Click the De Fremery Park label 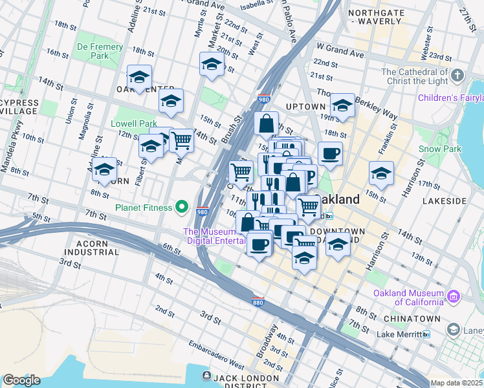[100, 52]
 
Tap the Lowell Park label [134, 124]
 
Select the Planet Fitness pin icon [183, 208]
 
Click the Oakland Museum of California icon [454, 297]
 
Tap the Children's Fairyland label [450, 98]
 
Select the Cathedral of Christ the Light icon [457, 76]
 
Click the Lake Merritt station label [398, 334]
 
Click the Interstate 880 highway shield [258, 301]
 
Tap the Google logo [21, 380]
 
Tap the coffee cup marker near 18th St [330, 154]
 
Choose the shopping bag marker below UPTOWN [267, 122]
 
